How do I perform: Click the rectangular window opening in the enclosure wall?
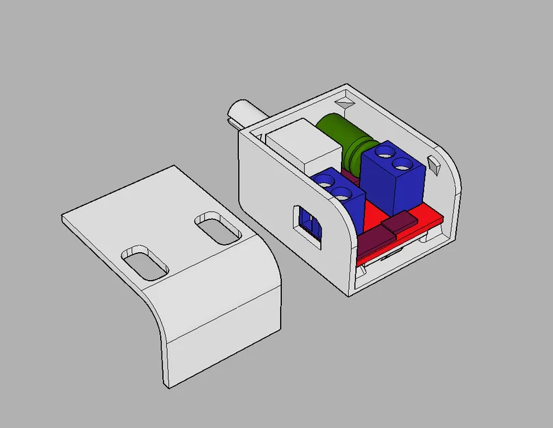tap(309, 224)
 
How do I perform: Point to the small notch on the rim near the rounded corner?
tap(433, 164)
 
